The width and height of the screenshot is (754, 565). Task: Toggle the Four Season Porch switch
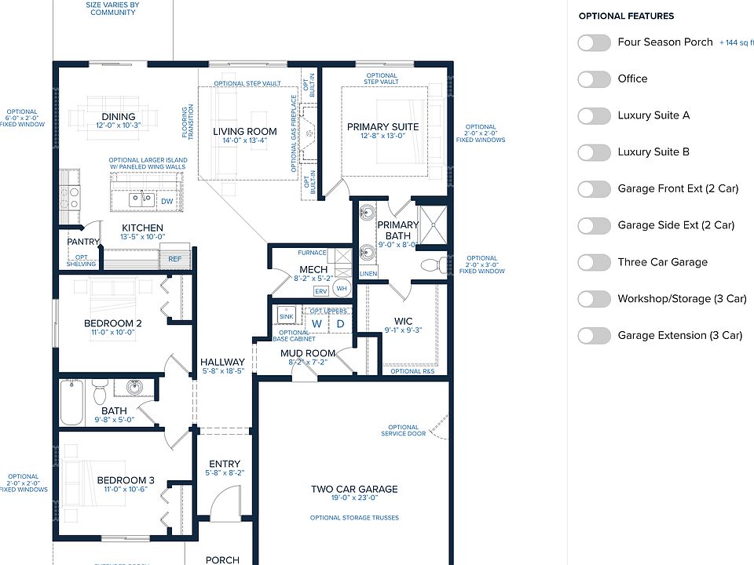(x=594, y=42)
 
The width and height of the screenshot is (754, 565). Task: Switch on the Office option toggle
(x=594, y=79)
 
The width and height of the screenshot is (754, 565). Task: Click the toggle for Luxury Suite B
(x=594, y=152)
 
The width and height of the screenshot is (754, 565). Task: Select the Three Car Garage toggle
(x=594, y=262)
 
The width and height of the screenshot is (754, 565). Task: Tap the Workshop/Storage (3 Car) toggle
(x=594, y=299)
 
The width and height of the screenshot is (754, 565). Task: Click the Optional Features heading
(x=626, y=16)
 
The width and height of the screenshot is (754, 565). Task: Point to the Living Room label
(x=245, y=132)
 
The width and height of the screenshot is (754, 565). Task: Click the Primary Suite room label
(x=383, y=127)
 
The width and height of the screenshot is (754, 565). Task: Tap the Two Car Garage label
(x=354, y=490)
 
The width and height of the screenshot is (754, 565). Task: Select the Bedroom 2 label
(x=112, y=323)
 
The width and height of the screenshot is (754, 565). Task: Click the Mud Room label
(x=308, y=354)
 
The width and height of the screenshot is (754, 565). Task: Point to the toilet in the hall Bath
(x=100, y=391)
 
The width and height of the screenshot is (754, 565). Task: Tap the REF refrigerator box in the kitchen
(x=174, y=257)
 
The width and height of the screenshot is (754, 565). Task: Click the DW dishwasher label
(x=167, y=202)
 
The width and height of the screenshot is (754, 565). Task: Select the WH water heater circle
(x=342, y=289)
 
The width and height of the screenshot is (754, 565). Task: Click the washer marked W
(x=317, y=323)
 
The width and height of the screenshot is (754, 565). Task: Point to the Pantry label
(x=82, y=242)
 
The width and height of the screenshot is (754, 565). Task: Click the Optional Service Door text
(x=404, y=431)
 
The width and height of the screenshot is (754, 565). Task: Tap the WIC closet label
(x=404, y=320)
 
